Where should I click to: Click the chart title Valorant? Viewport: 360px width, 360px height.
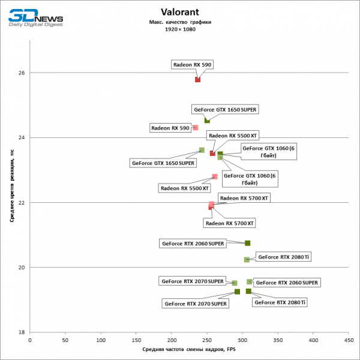coord(180,12)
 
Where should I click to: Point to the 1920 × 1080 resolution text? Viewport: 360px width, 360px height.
coord(180,29)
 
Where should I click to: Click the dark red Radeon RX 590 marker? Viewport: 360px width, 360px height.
coord(197,79)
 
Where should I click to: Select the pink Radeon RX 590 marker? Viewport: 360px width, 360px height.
coord(195,127)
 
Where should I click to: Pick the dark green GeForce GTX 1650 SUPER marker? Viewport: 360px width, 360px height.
coord(207,121)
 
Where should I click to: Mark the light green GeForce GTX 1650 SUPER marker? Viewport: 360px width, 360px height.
coord(202,150)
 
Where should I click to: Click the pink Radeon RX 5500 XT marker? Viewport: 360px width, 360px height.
coord(215,176)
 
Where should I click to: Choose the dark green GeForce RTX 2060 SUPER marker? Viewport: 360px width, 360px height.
coord(247,243)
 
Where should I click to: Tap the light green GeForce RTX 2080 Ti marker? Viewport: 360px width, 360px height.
coord(247,260)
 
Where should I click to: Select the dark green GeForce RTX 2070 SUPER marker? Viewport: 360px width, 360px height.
coord(237,292)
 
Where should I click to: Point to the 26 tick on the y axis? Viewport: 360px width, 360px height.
coord(22,73)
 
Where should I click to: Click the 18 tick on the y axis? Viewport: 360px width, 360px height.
coord(22,332)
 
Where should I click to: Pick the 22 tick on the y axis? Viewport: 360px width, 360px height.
coord(22,202)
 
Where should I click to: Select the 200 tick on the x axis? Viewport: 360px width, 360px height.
coord(171,339)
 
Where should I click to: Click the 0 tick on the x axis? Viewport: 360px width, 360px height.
coord(30,339)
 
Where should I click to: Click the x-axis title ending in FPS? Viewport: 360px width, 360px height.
coord(188,349)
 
